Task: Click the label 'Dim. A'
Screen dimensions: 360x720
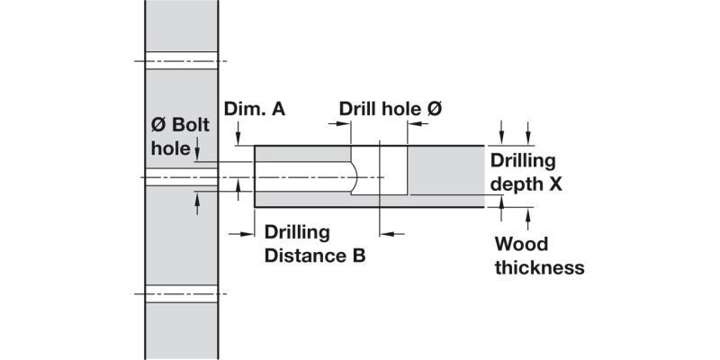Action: (255, 109)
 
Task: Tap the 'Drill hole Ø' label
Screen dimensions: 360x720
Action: (391, 109)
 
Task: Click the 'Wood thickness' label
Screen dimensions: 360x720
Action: (539, 256)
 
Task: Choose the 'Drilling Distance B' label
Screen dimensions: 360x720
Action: (314, 245)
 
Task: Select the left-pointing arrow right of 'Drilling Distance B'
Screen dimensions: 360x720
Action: (389, 233)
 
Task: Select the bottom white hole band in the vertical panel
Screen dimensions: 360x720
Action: (181, 293)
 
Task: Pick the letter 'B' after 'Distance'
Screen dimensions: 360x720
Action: (357, 256)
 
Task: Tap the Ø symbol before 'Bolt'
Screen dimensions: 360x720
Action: (157, 124)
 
